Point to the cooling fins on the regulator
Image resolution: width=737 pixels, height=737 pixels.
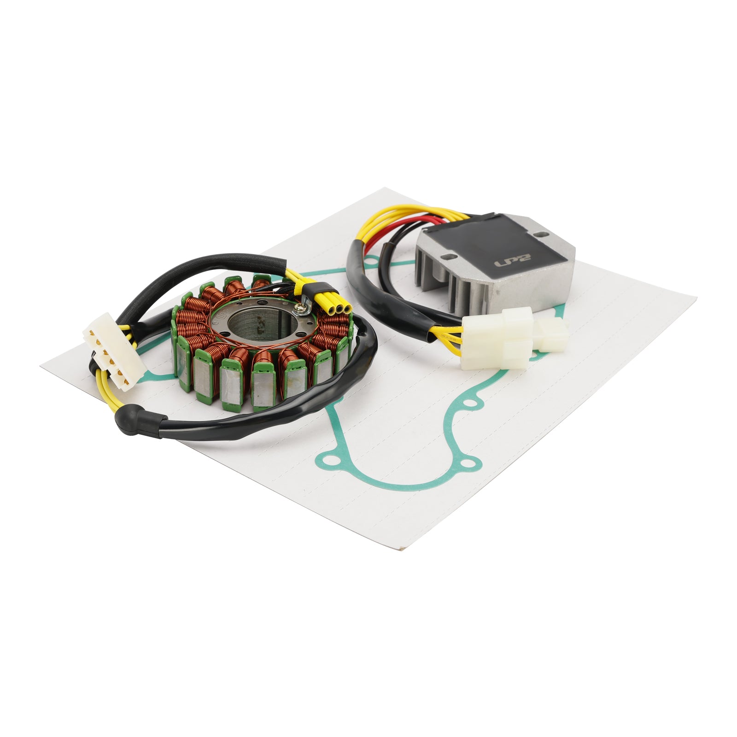[x=442, y=281]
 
